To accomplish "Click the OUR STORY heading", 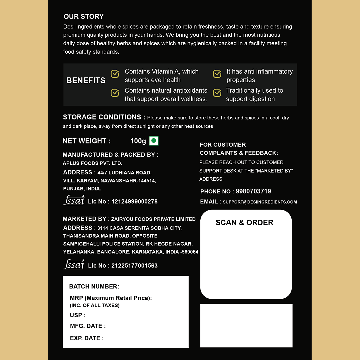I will point(84,16).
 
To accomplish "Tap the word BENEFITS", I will point(86,80).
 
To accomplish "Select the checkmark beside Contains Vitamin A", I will point(115,74).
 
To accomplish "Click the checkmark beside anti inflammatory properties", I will point(217,74).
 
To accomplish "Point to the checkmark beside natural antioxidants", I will point(115,93).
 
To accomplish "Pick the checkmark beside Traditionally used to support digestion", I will point(217,93).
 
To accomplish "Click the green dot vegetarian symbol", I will point(154,141).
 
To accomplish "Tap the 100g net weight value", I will point(138,141).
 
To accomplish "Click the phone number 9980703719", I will point(253,191).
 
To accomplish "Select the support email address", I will point(260,202).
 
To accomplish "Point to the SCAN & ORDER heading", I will point(244,223).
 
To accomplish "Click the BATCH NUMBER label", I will point(94,287).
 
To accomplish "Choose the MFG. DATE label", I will point(88,326).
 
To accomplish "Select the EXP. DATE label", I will point(87,338).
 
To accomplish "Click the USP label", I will point(78,315).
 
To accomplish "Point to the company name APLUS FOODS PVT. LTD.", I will point(92,163).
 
